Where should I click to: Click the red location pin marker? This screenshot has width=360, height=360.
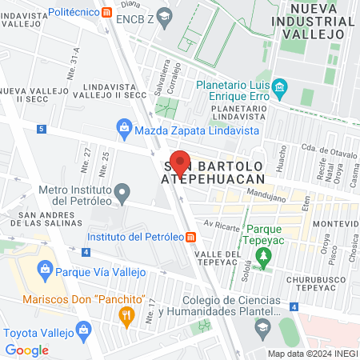point(181,163)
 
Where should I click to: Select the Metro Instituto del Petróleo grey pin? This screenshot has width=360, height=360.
point(122,192)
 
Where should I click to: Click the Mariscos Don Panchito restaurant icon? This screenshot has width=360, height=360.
point(126,315)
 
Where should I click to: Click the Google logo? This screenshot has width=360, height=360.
point(26,350)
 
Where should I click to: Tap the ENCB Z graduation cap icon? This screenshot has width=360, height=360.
point(165,14)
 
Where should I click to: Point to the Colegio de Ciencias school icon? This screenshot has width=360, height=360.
point(262,326)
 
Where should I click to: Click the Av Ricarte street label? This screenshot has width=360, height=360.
point(222,225)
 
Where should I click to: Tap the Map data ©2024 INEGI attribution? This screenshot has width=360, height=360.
point(312,353)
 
